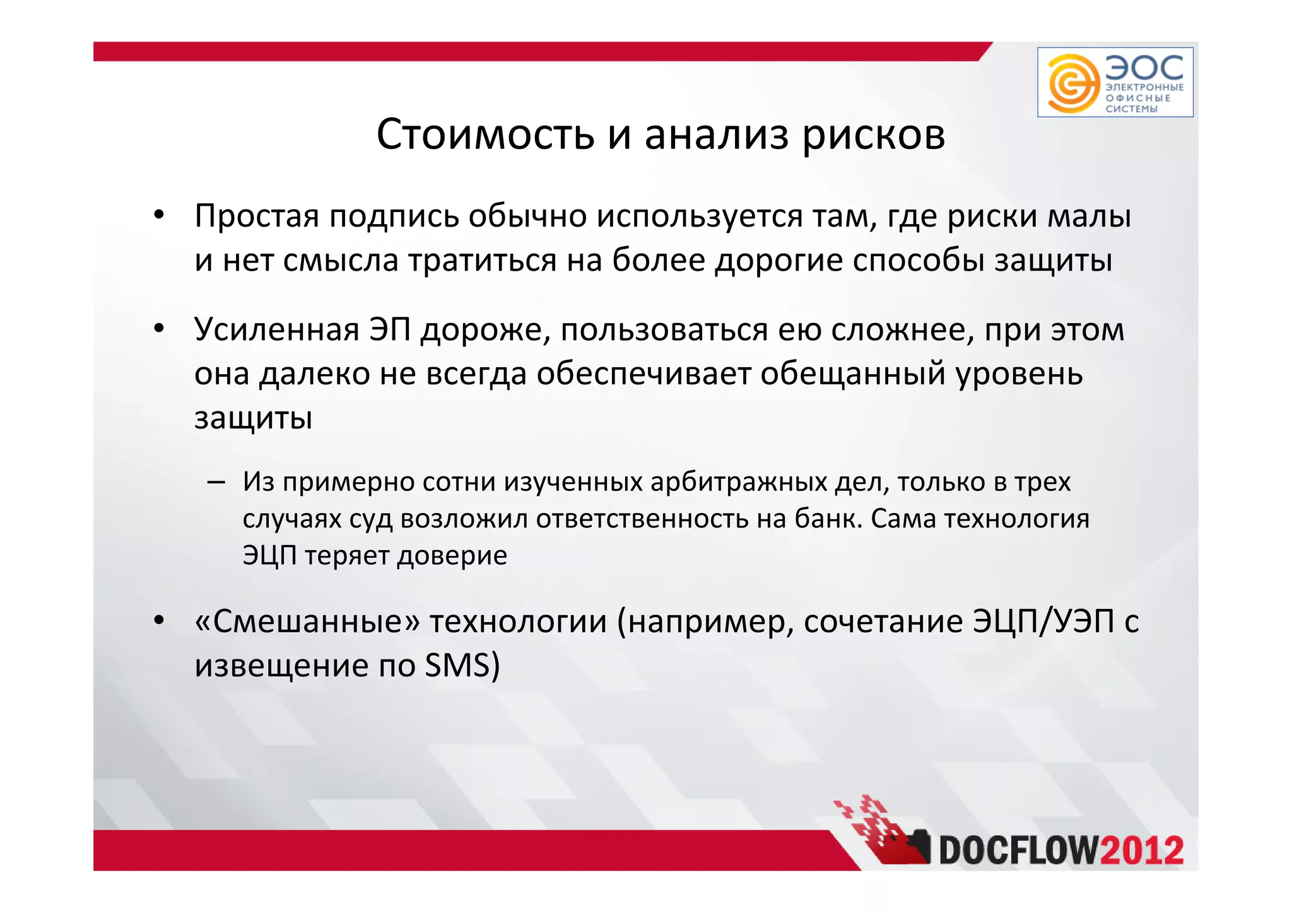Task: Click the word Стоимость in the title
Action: (x=485, y=134)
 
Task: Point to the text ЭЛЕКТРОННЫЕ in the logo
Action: (x=1144, y=88)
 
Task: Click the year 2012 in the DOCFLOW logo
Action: (x=1141, y=851)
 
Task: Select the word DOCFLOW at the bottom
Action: (x=1019, y=851)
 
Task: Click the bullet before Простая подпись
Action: (x=159, y=216)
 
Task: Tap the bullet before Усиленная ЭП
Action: (x=159, y=329)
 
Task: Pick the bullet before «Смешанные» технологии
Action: (x=159, y=621)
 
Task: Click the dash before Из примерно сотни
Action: (x=216, y=483)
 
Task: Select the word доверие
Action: (x=452, y=555)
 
